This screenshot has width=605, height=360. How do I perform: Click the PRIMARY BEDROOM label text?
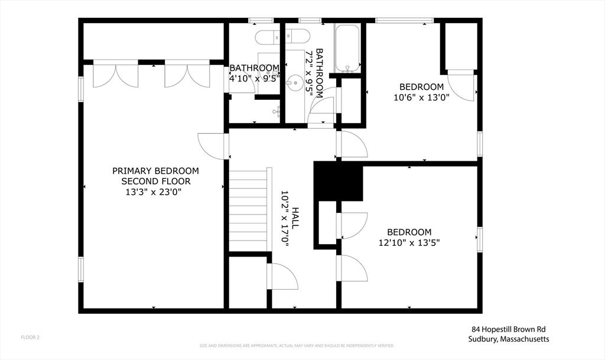(155, 171)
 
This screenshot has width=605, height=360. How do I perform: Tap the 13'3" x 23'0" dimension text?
(155, 192)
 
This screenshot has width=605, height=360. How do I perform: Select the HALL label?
(295, 218)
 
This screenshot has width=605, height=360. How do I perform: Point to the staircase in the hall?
(248, 210)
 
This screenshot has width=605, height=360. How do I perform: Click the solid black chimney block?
(338, 181)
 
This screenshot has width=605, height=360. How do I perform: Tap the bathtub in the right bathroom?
(347, 48)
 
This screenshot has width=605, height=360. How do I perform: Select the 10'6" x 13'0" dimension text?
(421, 98)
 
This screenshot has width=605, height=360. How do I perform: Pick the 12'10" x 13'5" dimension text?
(409, 242)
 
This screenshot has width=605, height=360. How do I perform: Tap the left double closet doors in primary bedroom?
(116, 75)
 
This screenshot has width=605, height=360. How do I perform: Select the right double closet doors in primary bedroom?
(187, 75)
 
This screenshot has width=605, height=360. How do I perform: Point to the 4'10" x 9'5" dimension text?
(254, 78)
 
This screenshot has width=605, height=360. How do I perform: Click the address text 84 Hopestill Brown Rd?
(512, 329)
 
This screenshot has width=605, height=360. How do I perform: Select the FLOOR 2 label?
(30, 338)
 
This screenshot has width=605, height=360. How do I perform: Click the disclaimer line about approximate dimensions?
(297, 345)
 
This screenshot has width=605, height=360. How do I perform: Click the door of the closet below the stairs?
(283, 277)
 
